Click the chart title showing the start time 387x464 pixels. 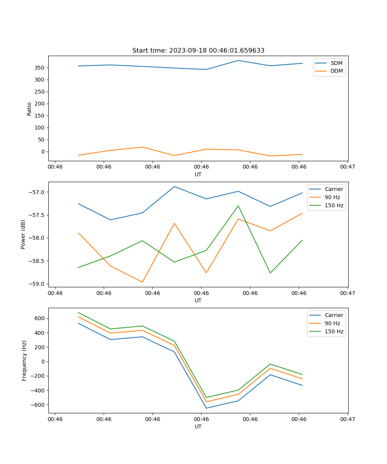point(198,51)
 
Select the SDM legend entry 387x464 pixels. point(336,63)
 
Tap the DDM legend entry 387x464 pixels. point(336,71)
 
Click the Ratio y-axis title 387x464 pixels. point(29,109)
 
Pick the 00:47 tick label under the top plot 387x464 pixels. point(348,167)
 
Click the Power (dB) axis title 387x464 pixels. point(23,234)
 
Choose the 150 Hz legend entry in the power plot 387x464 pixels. point(334,205)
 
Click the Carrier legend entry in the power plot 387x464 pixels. point(334,189)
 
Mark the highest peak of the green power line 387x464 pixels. point(238,206)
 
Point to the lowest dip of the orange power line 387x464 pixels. point(142,282)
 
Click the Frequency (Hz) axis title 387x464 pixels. point(24,360)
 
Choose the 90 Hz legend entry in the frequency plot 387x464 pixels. point(332,323)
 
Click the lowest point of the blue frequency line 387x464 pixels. point(206,408)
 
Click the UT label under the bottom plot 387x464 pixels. point(198,426)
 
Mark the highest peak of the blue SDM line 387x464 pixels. point(238,60)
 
